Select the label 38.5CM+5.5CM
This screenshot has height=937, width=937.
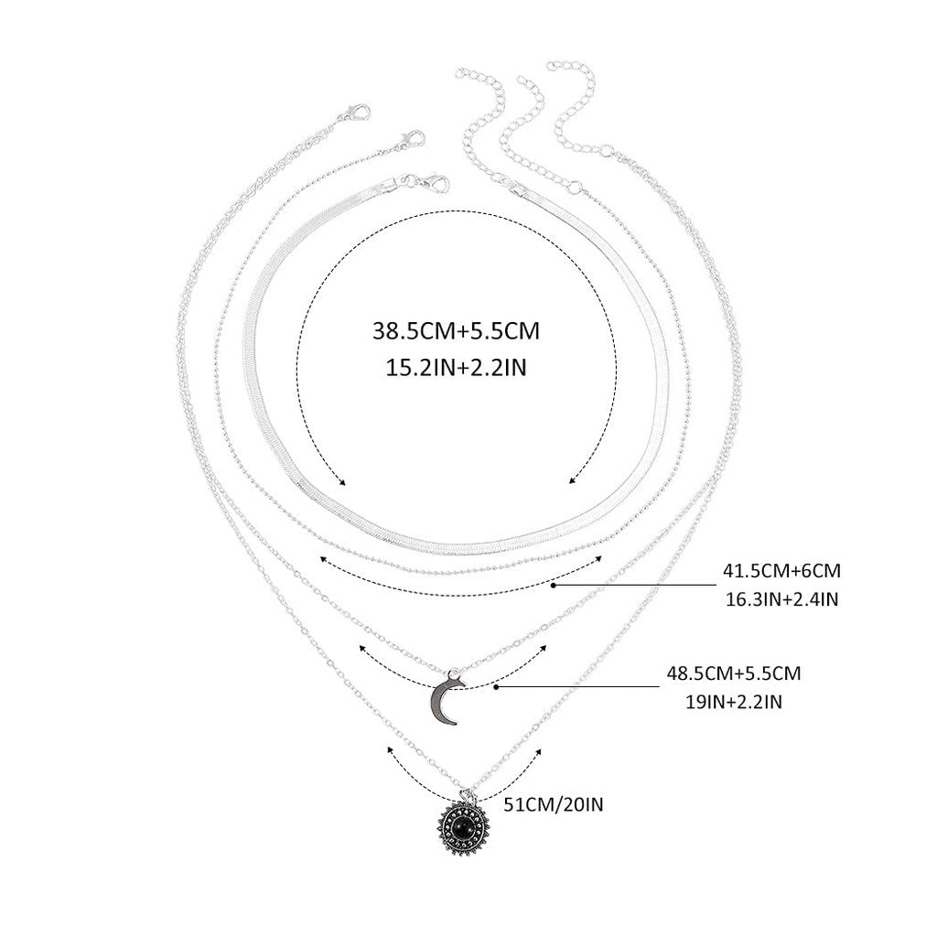click(456, 330)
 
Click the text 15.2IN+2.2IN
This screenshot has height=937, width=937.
click(456, 367)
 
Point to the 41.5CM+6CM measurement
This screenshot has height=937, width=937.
click(781, 571)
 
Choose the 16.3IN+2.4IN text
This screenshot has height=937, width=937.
click(781, 598)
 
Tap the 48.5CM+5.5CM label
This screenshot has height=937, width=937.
click(734, 673)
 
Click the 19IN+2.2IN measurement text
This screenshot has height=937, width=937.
click(734, 701)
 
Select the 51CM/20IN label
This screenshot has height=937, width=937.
click(554, 804)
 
